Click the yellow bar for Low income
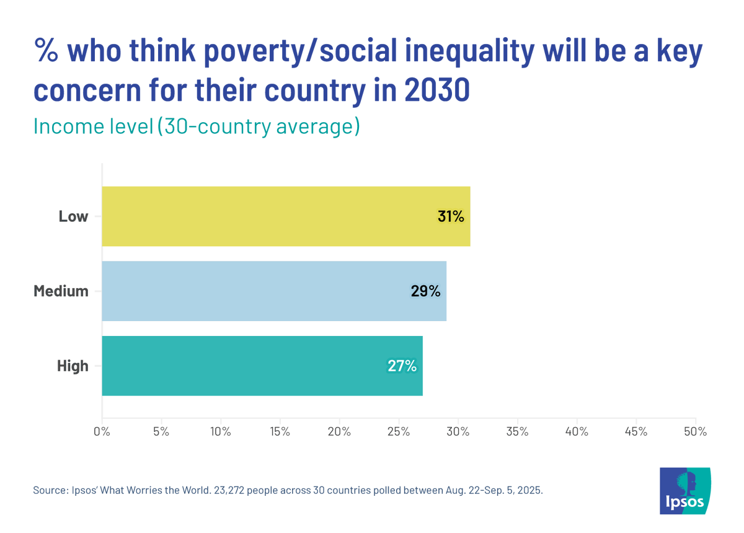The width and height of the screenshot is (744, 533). (285, 216)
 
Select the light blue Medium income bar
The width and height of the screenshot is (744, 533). (273, 291)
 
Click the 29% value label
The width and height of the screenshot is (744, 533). (425, 291)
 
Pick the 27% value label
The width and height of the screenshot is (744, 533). (402, 366)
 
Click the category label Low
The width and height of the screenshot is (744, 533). (73, 217)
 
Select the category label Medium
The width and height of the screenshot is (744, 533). (61, 291)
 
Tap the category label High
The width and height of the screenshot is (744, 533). (73, 366)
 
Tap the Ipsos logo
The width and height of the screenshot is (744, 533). (685, 490)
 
